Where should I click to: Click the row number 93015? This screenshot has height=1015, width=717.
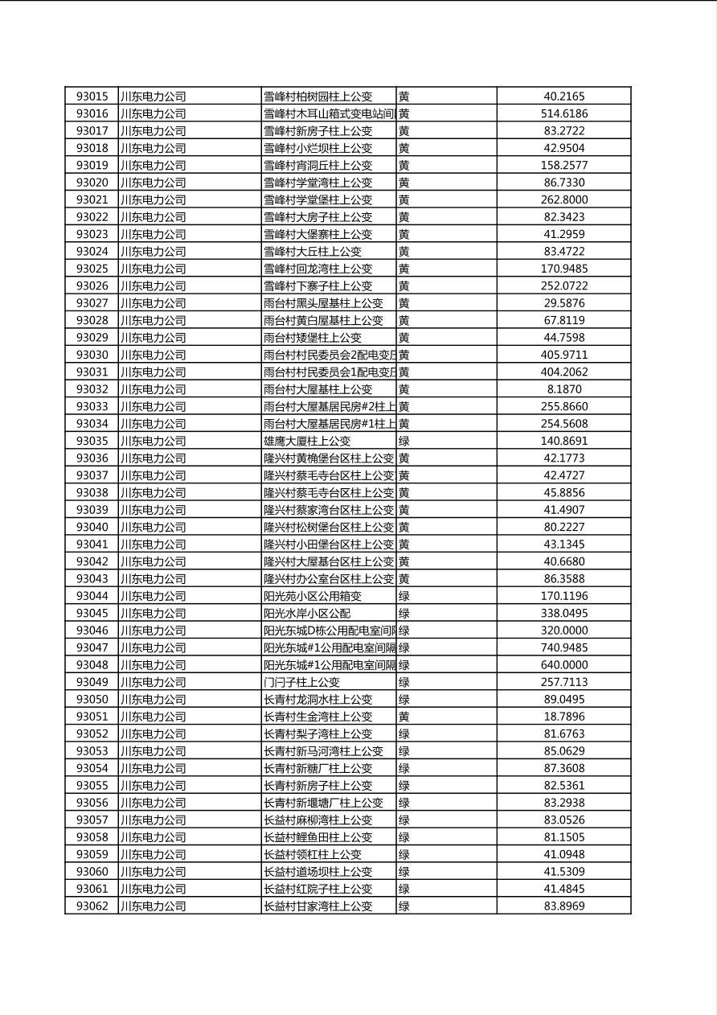(92, 97)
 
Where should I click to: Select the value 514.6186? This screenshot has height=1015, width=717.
(564, 113)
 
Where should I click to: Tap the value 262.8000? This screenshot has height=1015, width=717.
(564, 199)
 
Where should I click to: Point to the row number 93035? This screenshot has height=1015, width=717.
(92, 441)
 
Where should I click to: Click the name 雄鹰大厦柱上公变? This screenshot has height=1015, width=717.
(307, 441)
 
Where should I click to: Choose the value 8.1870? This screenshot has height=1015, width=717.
(564, 389)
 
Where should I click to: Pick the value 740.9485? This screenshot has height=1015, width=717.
(564, 647)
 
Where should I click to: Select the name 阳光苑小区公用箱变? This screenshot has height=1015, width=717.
(313, 596)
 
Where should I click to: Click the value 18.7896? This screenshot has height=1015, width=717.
(564, 717)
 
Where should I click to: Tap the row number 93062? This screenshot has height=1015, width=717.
(92, 906)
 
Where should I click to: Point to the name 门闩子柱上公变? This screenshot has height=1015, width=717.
(301, 682)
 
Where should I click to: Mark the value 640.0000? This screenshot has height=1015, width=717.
(564, 665)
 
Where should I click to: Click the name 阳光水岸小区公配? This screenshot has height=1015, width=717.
(307, 613)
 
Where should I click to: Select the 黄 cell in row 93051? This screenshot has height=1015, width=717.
(404, 717)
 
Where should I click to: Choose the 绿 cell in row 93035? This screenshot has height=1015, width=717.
(404, 441)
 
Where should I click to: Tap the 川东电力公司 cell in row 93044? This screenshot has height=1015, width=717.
(153, 596)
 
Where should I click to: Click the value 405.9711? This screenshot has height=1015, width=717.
(564, 355)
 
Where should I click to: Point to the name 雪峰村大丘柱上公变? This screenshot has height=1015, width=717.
(313, 251)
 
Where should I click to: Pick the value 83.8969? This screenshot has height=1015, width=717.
(564, 906)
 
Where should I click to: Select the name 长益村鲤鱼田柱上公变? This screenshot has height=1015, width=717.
(318, 837)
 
